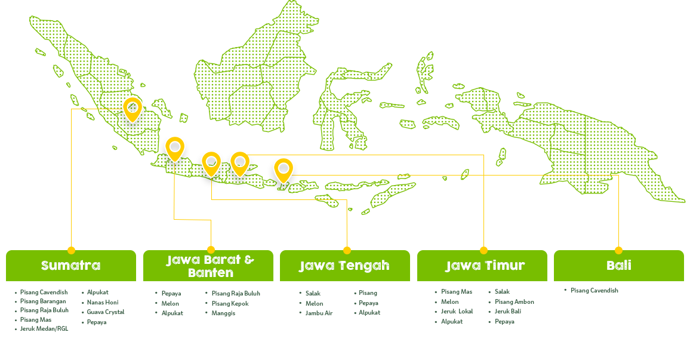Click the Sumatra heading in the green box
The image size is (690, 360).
pyautogui.click(x=71, y=266)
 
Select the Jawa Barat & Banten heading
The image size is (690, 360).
pyautogui.click(x=210, y=266)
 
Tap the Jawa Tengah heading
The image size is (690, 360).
pyautogui.click(x=344, y=266)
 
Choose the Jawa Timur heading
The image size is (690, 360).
pyautogui.click(x=485, y=266)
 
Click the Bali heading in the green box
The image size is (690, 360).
pyautogui.click(x=619, y=266)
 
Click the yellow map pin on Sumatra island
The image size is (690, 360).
pyautogui.click(x=133, y=110)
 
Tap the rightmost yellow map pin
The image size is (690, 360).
pyautogui.click(x=284, y=171)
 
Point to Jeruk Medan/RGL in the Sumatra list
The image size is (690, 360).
pyautogui.click(x=44, y=329)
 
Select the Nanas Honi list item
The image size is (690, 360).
pyautogui.click(x=103, y=302)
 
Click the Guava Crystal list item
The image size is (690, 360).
pyautogui.click(x=106, y=312)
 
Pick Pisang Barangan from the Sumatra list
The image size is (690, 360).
pyautogui.click(x=43, y=301)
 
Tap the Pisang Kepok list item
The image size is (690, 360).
pyautogui.click(x=230, y=304)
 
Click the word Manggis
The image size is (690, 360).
pyautogui.click(x=224, y=313)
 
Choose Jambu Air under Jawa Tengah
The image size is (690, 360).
pyautogui.click(x=319, y=313)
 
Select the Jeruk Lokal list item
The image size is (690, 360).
pyautogui.click(x=457, y=311)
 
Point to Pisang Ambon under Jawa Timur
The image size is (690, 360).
pyautogui.click(x=515, y=302)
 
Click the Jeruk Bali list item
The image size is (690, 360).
pyautogui.click(x=508, y=311)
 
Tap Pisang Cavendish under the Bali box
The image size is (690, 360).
pyautogui.click(x=594, y=291)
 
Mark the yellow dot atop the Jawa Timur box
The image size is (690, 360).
pyautogui.click(x=483, y=250)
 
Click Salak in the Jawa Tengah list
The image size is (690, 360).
pyautogui.click(x=313, y=293)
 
